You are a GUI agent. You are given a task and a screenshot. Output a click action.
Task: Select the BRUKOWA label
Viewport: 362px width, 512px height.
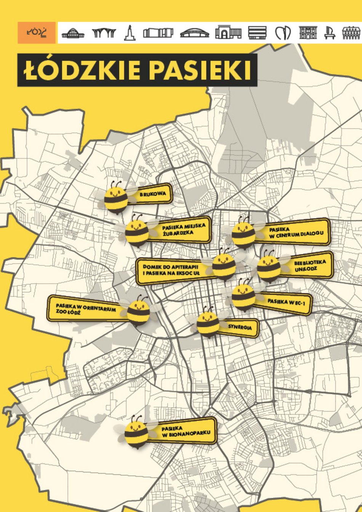click(152, 195)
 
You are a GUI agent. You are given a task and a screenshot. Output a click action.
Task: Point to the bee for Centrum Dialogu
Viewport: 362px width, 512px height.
click(243, 233)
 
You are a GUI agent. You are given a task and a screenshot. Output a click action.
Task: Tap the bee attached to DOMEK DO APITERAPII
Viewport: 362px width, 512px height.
click(224, 266)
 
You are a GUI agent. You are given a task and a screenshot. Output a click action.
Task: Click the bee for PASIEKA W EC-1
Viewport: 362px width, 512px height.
click(243, 296)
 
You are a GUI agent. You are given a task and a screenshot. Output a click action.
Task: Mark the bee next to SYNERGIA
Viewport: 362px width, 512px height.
click(208, 324)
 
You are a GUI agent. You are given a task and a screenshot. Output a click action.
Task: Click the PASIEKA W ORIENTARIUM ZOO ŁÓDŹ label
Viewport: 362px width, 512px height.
click(86, 308)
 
